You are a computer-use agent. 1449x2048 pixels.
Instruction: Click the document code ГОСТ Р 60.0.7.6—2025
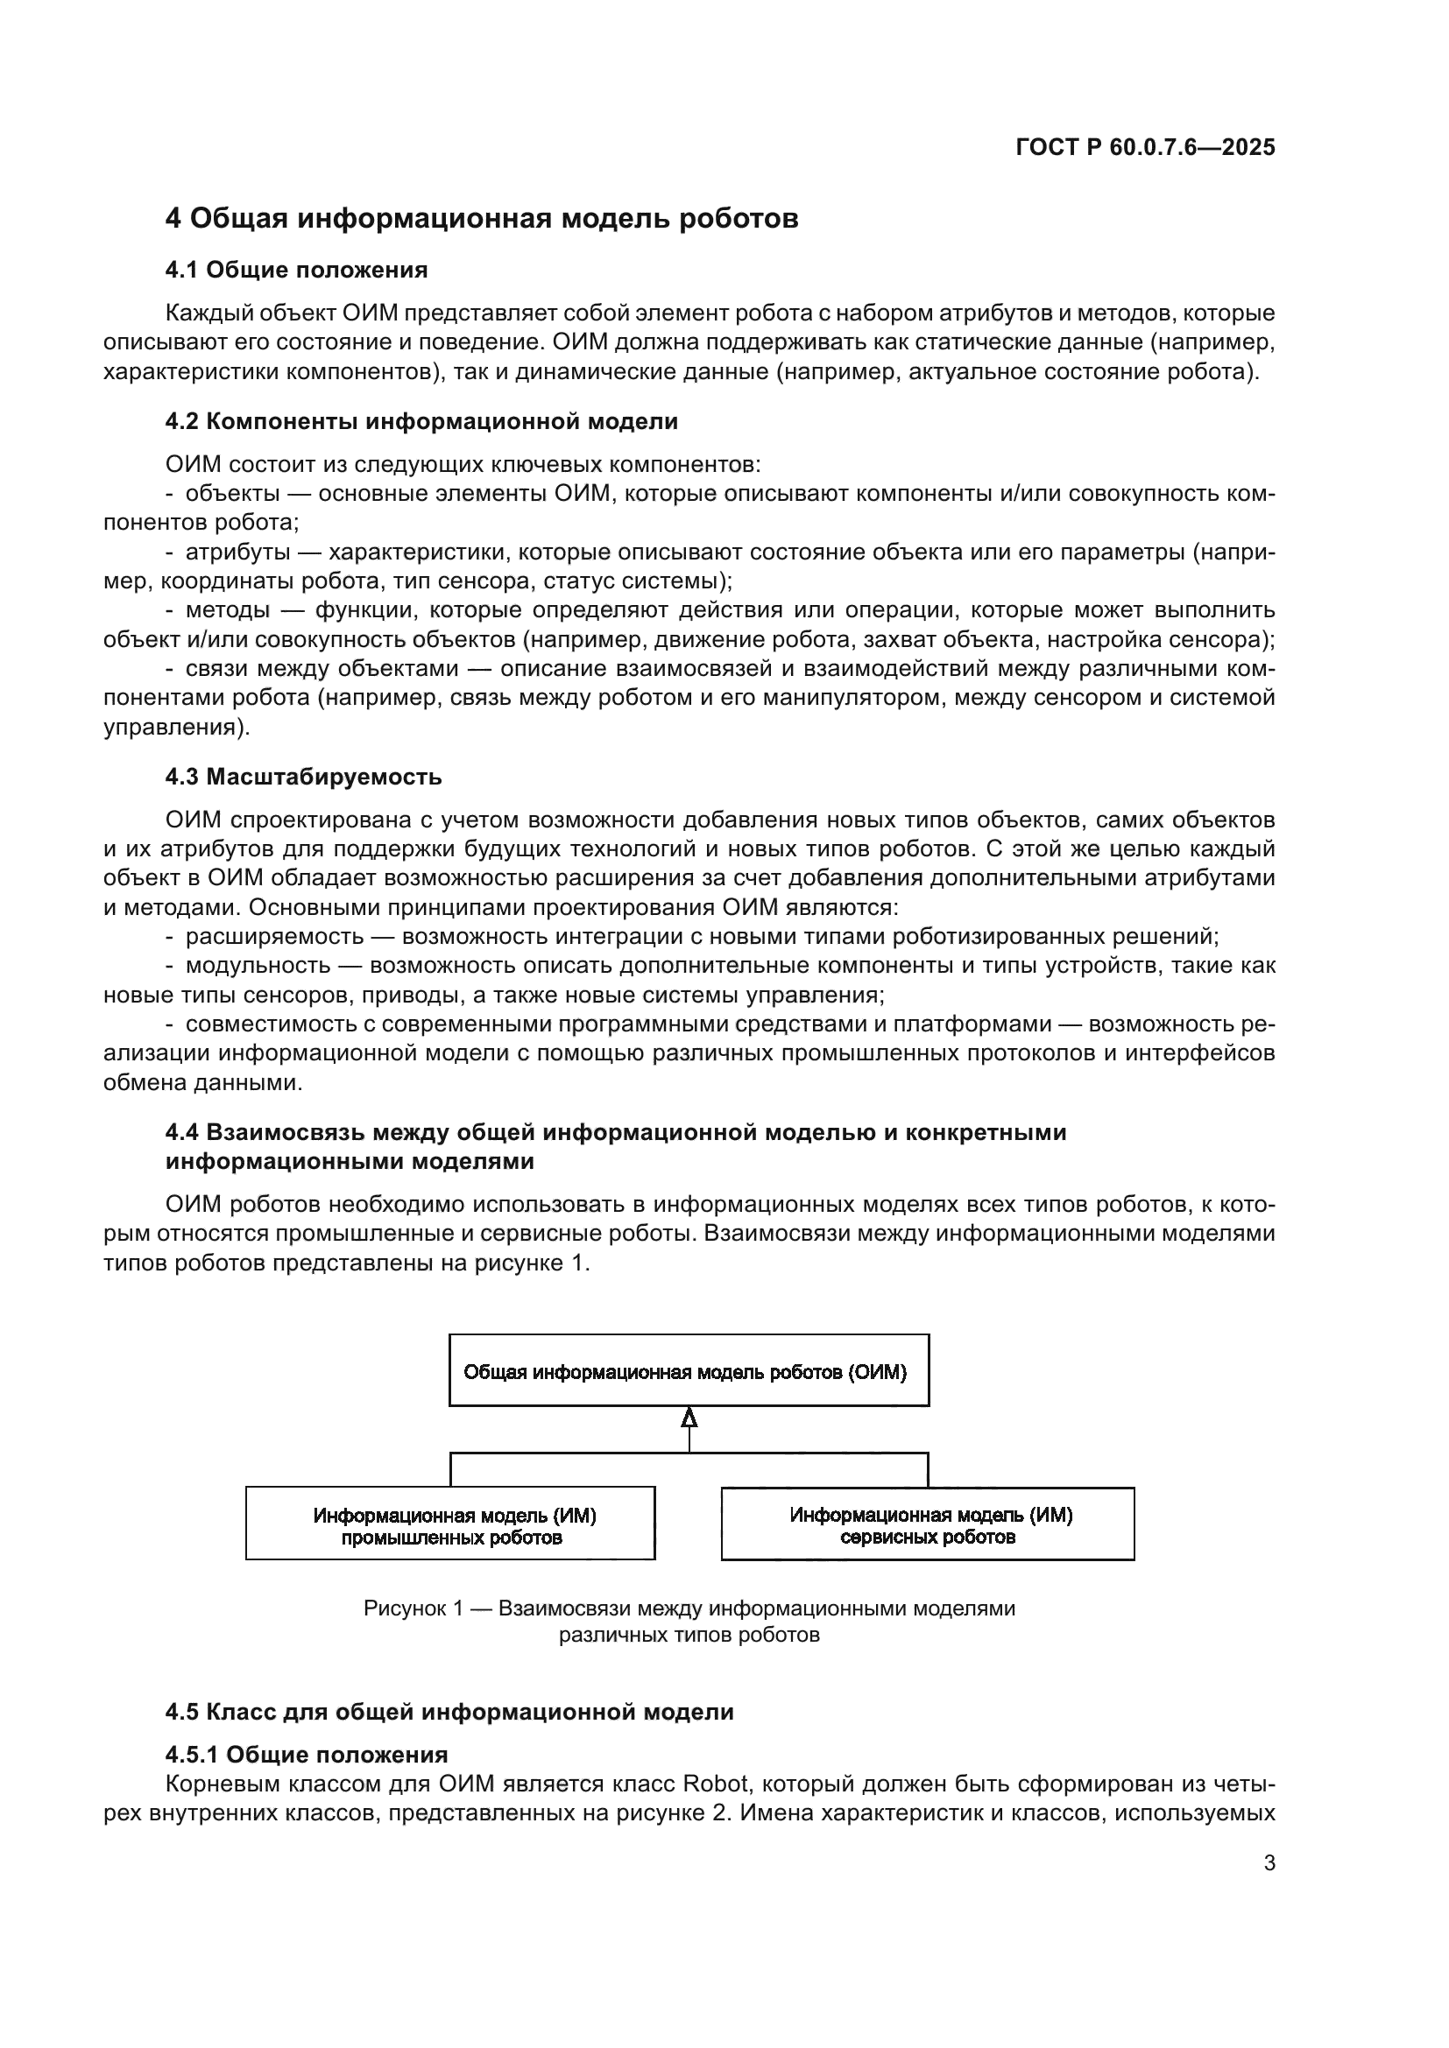point(1145,148)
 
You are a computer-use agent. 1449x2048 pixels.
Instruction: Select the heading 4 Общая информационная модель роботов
point(482,219)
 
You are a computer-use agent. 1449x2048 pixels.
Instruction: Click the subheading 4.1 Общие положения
point(296,271)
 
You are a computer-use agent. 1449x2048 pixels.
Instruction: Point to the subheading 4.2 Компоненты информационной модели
point(421,422)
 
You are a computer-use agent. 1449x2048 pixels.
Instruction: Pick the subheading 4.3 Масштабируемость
point(303,777)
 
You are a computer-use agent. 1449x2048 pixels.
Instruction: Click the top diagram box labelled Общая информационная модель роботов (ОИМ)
point(689,1371)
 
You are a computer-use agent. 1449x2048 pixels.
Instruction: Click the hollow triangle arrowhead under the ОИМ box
point(689,1418)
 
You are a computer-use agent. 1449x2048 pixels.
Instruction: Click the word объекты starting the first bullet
point(233,493)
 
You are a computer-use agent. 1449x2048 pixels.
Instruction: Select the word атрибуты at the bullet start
point(237,552)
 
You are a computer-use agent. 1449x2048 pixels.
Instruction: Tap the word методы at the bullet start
point(228,610)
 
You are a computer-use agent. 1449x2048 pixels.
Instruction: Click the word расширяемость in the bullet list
point(274,937)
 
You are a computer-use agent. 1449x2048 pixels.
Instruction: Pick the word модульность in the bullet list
point(258,965)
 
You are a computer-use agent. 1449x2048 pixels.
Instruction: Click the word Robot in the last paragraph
point(718,1784)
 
